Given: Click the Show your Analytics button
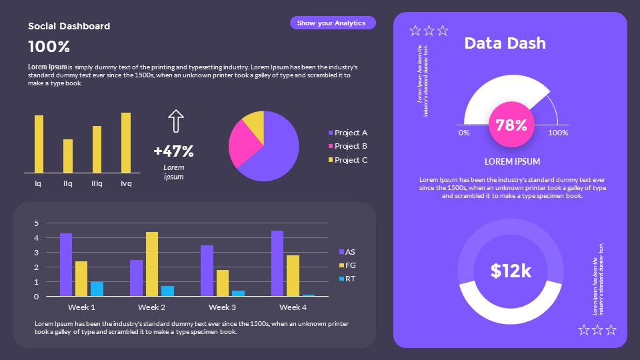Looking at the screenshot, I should [x=332, y=23].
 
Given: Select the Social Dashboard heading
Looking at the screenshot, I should [x=69, y=26].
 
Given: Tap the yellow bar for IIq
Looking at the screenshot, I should [x=68, y=156].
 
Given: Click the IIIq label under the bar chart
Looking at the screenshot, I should [x=97, y=183].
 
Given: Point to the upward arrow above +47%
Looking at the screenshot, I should [x=175, y=121].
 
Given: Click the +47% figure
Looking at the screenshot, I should [x=173, y=151].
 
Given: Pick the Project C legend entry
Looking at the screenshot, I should [x=347, y=160].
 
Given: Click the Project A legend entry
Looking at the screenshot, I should [x=347, y=133].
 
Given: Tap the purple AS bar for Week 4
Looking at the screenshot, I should [x=277, y=263].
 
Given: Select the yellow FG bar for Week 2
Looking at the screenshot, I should [x=152, y=264].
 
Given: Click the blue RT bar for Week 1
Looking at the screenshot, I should [x=97, y=289].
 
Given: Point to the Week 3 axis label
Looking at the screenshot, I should [x=222, y=307].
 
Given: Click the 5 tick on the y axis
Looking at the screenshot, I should [x=37, y=223].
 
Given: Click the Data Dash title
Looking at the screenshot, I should [x=505, y=43].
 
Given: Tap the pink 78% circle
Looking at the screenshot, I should [x=511, y=125].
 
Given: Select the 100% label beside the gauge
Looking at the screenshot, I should [x=558, y=133].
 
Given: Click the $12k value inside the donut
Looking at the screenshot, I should [x=511, y=271].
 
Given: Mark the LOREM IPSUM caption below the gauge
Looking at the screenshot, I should [x=512, y=161].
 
